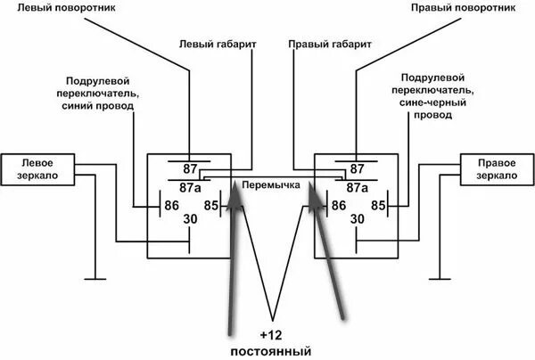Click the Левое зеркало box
tap(36, 169)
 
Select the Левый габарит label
tap(210, 42)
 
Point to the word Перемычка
tap(271, 184)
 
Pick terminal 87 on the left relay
tap(190, 168)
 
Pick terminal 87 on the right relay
tap(357, 168)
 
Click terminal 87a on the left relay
tap(190, 187)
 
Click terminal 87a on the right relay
tap(357, 187)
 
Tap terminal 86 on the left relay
tap(170, 206)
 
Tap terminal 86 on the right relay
tap(338, 206)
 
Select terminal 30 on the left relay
tap(190, 219)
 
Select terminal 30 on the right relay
tap(357, 219)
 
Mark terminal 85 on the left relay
tap(210, 206)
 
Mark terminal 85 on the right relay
tap(378, 206)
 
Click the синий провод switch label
tap(100, 93)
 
